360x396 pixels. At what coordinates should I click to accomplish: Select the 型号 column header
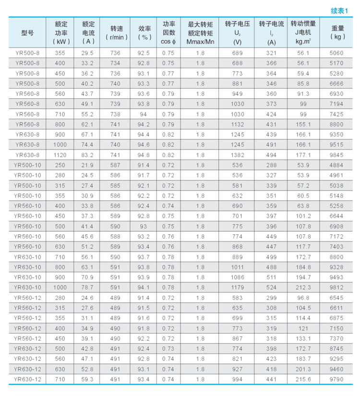pyautogui.click(x=27, y=33)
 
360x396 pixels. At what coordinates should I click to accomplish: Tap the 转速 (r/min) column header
pyautogui.click(x=115, y=33)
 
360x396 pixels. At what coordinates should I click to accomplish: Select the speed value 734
pyautogui.click(x=115, y=63)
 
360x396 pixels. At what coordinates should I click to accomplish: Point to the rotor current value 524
pyautogui.click(x=272, y=288)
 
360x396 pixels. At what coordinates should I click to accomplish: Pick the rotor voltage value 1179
pyautogui.click(x=237, y=288)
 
